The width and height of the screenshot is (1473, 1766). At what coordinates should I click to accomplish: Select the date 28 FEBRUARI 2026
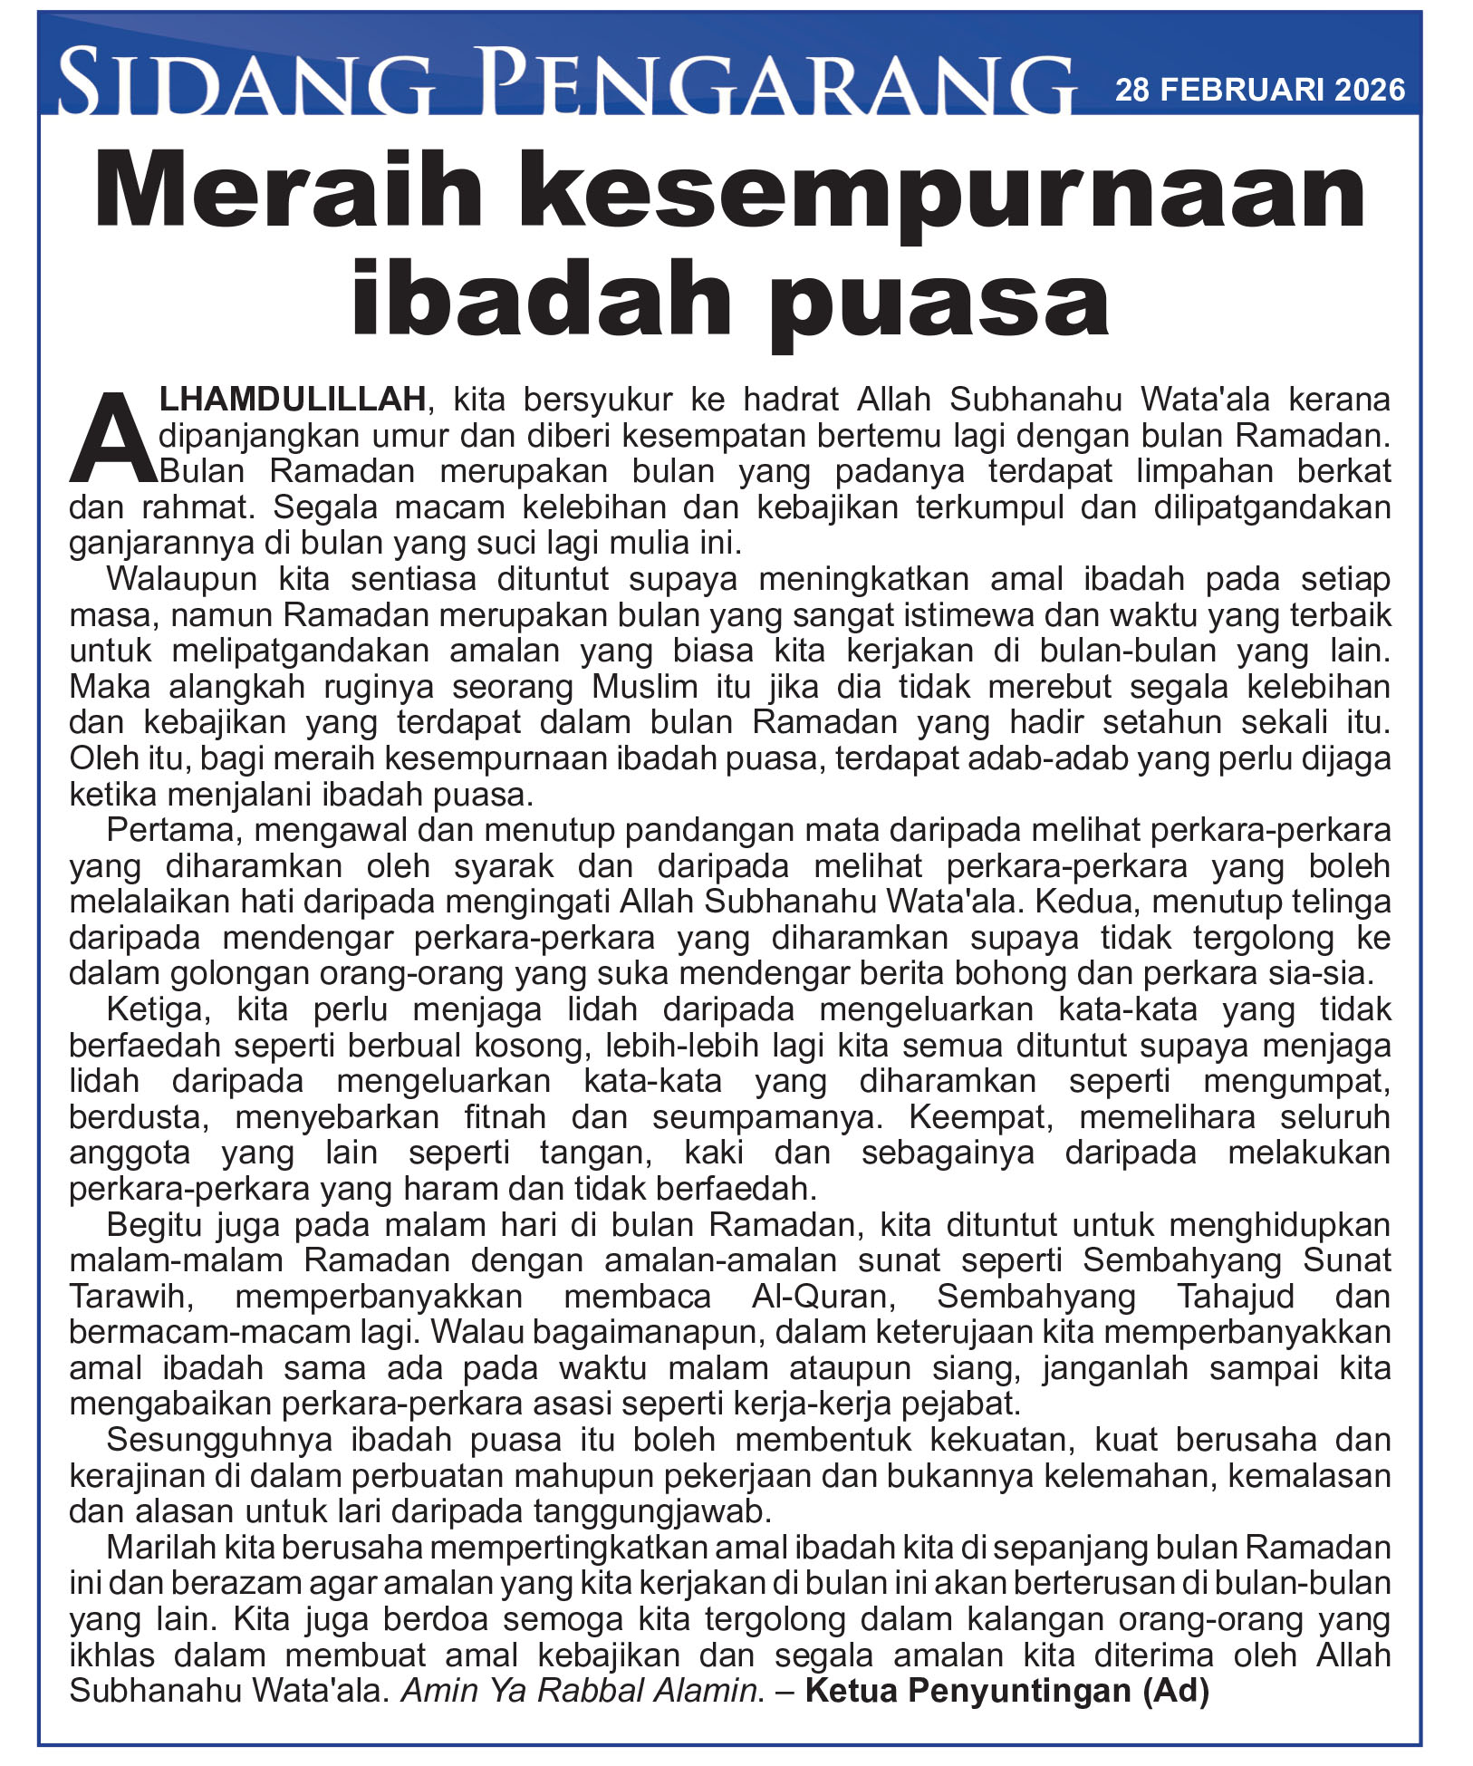pos(1259,90)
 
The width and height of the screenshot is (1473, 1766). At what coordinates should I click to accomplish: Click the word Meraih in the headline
pos(289,192)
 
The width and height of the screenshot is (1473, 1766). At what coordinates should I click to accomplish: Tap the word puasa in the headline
pos(942,299)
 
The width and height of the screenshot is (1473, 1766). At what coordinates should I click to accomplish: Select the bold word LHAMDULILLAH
pos(293,399)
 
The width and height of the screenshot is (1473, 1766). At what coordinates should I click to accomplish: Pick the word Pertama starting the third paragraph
pos(174,830)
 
